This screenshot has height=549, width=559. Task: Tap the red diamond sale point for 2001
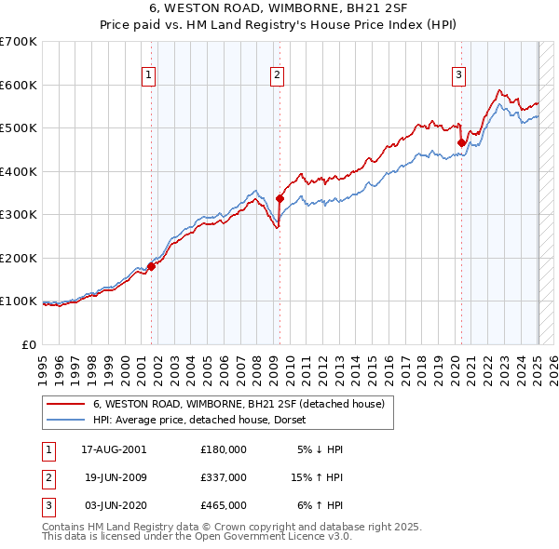point(151,266)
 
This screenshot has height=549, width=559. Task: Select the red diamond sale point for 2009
point(279,198)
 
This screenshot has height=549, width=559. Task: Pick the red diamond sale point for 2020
point(461,142)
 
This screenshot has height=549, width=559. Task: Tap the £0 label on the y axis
point(30,344)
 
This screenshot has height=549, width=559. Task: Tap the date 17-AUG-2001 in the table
point(114,449)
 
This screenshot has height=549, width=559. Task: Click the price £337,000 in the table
point(224,476)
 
